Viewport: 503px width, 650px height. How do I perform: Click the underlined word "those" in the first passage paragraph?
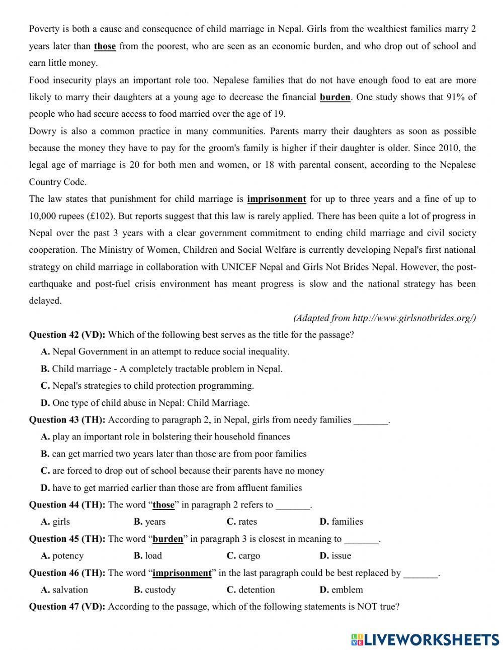pos(105,46)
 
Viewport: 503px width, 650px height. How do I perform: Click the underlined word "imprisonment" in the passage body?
pos(276,199)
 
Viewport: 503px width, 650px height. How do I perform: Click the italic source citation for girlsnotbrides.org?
pos(384,318)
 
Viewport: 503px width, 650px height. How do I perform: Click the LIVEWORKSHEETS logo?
pos(425,639)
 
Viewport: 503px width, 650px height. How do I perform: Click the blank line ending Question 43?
pos(371,420)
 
